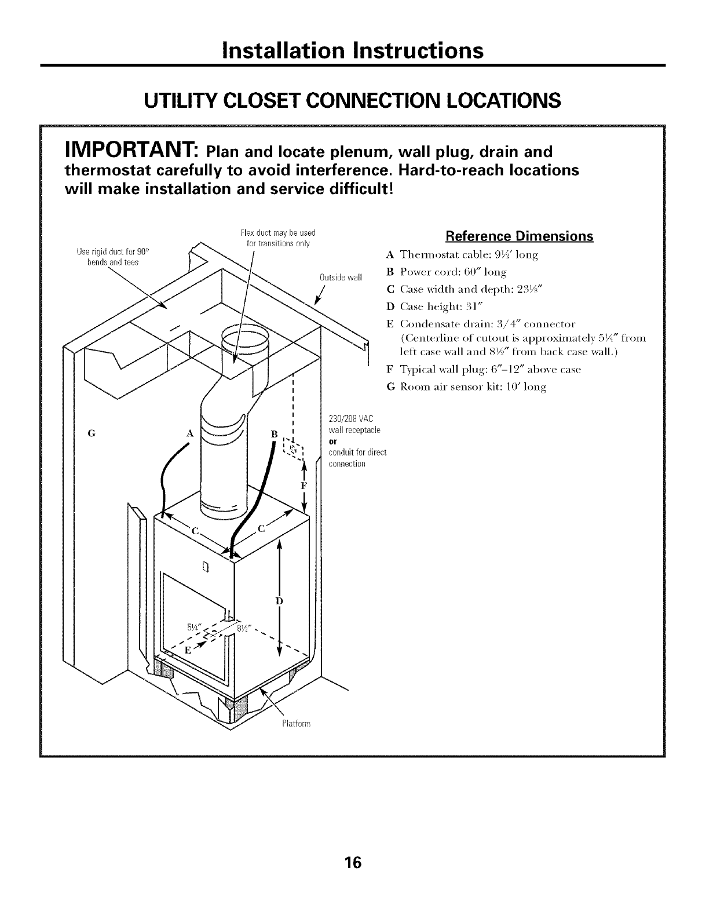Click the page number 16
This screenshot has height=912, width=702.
click(x=351, y=846)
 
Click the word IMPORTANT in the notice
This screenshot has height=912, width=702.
click(x=123, y=153)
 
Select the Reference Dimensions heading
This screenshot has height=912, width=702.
click(x=518, y=236)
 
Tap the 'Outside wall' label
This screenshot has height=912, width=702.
click(x=340, y=277)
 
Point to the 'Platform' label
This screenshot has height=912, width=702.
click(x=297, y=724)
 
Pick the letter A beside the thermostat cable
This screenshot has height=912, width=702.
click(x=189, y=433)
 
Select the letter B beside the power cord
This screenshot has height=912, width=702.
click(x=275, y=433)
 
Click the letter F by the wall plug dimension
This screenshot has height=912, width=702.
click(x=304, y=483)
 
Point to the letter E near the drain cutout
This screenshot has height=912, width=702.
click(x=187, y=650)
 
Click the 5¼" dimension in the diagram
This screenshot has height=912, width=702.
click(x=194, y=626)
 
